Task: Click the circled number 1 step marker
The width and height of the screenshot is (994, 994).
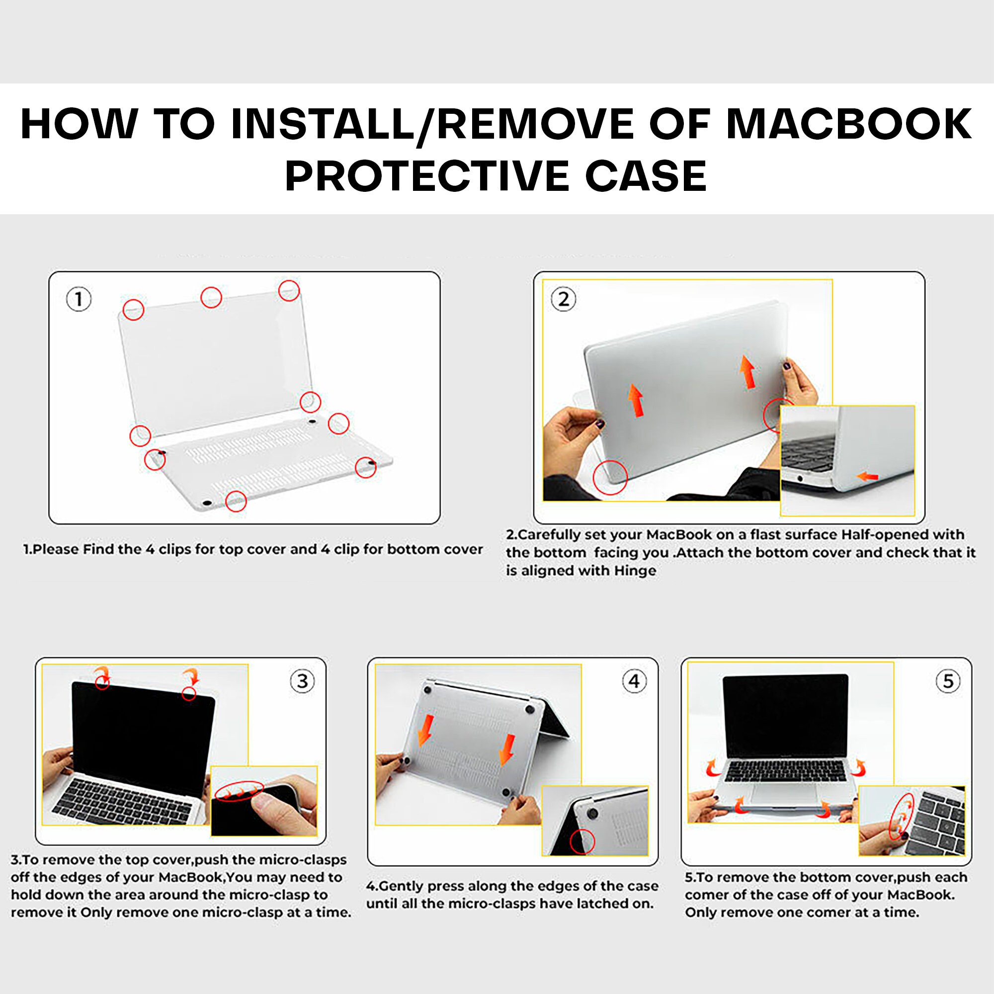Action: pyautogui.click(x=79, y=299)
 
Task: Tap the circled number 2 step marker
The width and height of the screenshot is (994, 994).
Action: pyautogui.click(x=564, y=299)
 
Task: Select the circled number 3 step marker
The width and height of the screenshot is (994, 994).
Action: pyautogui.click(x=303, y=681)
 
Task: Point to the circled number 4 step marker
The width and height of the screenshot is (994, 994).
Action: pyautogui.click(x=634, y=681)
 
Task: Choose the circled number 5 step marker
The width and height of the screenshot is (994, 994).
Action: pyautogui.click(x=948, y=681)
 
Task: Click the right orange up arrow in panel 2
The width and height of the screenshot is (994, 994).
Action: pyautogui.click(x=747, y=372)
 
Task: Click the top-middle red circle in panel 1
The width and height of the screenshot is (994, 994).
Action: pyautogui.click(x=211, y=297)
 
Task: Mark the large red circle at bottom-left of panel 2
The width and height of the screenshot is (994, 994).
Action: pyautogui.click(x=610, y=478)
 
